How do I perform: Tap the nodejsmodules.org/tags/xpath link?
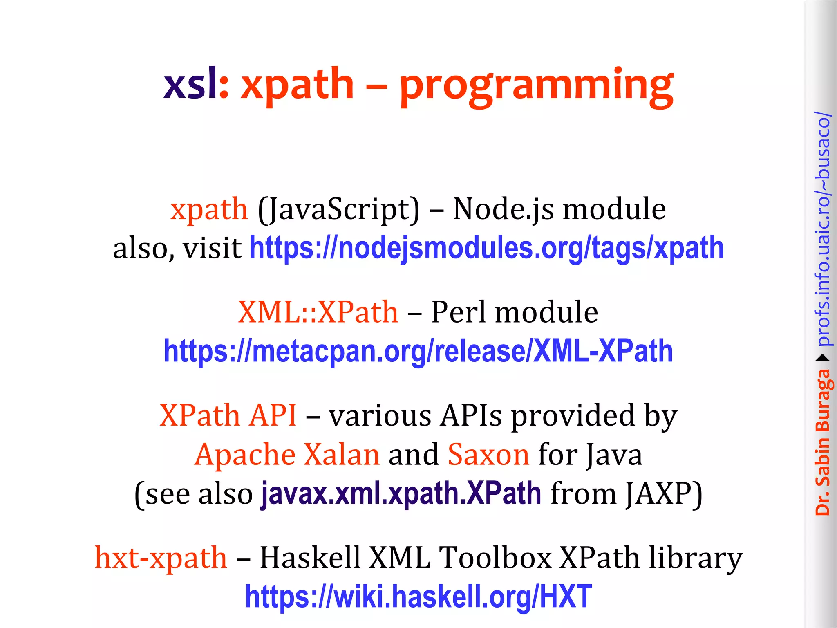[486, 248]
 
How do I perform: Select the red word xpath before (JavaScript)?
[209, 209]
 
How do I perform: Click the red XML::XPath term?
[318, 312]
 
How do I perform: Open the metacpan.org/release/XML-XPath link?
[418, 351]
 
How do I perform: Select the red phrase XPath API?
[228, 415]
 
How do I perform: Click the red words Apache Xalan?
[287, 455]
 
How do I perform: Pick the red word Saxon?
[488, 455]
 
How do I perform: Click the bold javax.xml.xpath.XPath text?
[401, 493]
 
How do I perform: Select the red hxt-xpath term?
[161, 558]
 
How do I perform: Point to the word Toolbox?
[495, 558]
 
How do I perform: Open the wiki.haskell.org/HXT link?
[418, 597]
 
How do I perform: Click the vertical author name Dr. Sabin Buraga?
[822, 442]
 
